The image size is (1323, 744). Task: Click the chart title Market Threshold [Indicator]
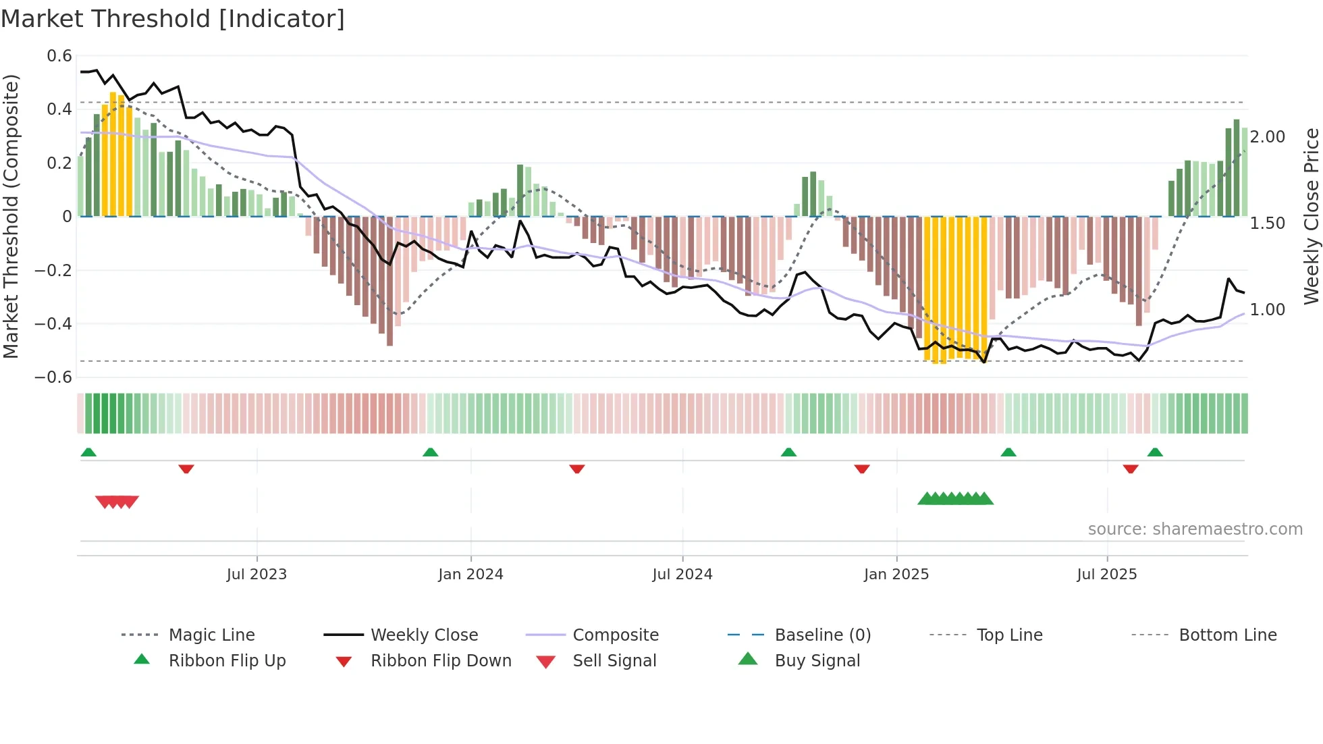pos(173,19)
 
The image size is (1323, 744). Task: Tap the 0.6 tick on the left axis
pos(59,56)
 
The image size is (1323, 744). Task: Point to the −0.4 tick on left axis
pos(53,324)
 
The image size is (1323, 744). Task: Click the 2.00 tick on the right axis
pos(1267,137)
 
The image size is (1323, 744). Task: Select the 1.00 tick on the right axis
pos(1267,310)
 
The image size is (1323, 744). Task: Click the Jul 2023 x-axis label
pos(256,575)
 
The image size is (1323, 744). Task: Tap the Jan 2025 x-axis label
pos(896,575)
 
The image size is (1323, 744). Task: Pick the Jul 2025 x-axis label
pos(1106,575)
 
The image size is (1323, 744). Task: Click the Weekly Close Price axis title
pos(1311,216)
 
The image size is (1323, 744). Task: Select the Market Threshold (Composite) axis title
pos(11,216)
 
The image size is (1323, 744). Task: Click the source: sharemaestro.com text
pos(1195,529)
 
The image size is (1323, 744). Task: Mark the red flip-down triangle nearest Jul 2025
pos(1131,469)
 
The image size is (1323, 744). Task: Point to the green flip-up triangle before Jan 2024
pos(430,452)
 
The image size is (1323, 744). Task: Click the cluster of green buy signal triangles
pos(955,499)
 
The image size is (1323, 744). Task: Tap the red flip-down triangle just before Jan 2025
pos(861,469)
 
